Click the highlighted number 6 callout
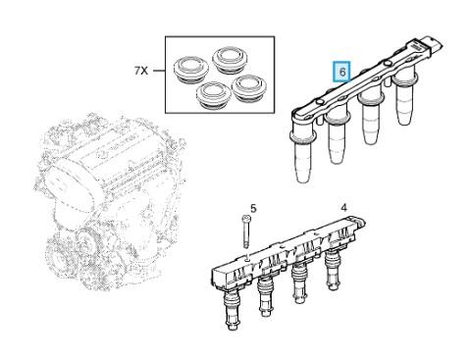click(341, 72)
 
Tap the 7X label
click(141, 71)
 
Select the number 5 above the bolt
click(253, 208)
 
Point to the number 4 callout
click(343, 207)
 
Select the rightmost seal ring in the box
click(248, 87)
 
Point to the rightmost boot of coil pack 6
click(405, 98)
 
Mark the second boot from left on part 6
click(339, 137)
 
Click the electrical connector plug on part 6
click(433, 45)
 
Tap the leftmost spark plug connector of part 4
click(232, 308)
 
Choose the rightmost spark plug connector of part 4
click(334, 269)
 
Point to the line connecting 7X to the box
click(158, 71)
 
